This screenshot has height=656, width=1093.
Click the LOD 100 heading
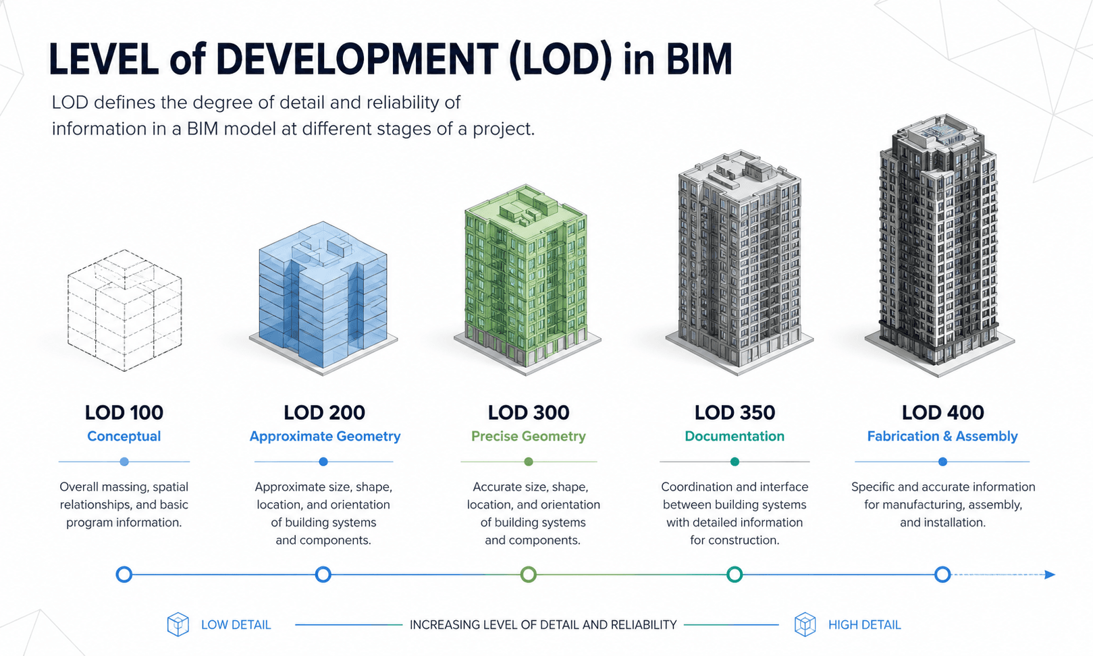coord(124,412)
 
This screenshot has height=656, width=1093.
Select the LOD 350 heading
coord(735,412)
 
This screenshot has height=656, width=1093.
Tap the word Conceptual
coord(124,436)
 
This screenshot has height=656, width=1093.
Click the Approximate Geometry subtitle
coord(325,436)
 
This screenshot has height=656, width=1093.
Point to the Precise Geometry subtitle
coord(529,436)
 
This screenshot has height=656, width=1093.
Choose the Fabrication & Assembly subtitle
coord(942,436)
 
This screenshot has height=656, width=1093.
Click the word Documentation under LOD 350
coord(735,436)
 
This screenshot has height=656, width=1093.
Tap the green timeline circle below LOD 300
coord(529,574)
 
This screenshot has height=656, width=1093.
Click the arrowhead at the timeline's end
coord(1050,574)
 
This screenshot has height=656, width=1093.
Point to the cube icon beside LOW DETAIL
coord(178,624)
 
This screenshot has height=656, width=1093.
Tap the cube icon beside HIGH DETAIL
coord(805,624)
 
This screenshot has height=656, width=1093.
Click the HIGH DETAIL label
coord(864,625)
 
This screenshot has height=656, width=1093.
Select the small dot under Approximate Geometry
coord(323,462)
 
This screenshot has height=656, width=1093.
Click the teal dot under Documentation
coord(735,462)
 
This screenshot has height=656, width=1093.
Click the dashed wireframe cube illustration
coord(124,310)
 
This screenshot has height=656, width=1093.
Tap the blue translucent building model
coord(323,294)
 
